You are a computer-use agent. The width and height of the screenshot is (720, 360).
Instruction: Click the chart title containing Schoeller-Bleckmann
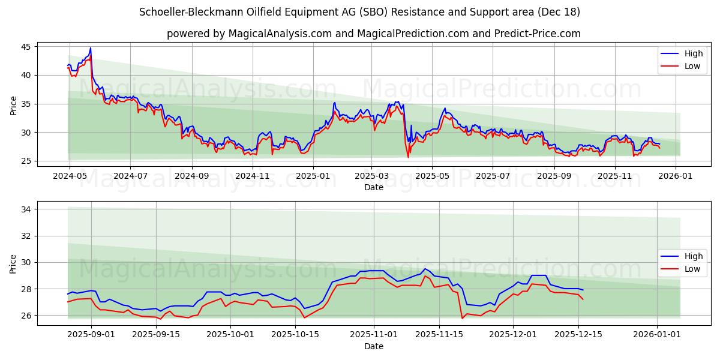(359, 12)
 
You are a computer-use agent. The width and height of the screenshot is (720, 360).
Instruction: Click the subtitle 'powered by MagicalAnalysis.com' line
(373, 34)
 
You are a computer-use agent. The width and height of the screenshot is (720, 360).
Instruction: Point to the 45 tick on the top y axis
(27, 47)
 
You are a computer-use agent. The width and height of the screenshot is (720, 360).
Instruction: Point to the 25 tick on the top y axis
(27, 161)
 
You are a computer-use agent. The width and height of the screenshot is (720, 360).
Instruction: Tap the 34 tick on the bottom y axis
(27, 209)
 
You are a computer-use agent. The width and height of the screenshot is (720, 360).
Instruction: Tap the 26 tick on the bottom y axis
(27, 316)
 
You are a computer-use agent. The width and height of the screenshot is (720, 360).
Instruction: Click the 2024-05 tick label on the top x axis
(70, 176)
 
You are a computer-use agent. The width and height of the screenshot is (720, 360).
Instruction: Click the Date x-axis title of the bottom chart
(373, 346)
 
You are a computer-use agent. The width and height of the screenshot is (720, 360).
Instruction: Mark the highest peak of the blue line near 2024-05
(91, 48)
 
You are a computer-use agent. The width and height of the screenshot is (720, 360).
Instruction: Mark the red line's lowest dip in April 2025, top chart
(408, 157)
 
